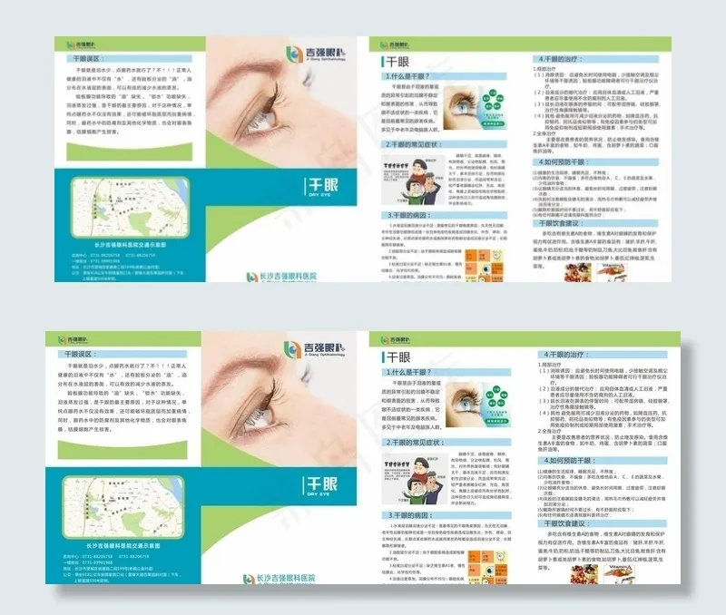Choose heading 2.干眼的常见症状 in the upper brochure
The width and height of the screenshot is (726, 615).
click(413, 144)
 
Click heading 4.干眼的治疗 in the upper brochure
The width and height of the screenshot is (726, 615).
click(567, 57)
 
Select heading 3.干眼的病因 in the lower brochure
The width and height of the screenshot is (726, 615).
click(413, 513)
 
